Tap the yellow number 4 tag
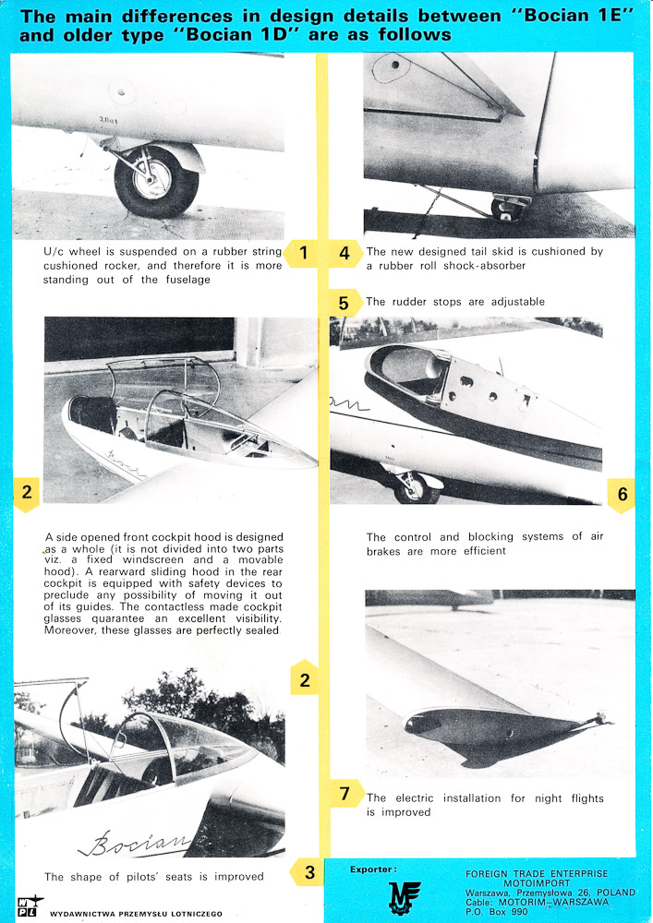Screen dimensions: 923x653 point(344,252)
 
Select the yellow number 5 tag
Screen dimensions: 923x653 point(344,302)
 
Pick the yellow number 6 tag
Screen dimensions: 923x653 point(622,495)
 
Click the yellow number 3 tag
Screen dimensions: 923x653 point(308,871)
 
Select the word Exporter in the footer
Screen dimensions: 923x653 point(373,869)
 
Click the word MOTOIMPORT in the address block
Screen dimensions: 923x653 point(538,881)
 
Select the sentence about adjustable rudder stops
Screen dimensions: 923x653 point(455,302)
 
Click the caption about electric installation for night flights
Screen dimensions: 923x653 point(485,805)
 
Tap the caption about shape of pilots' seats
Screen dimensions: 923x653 point(153,877)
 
